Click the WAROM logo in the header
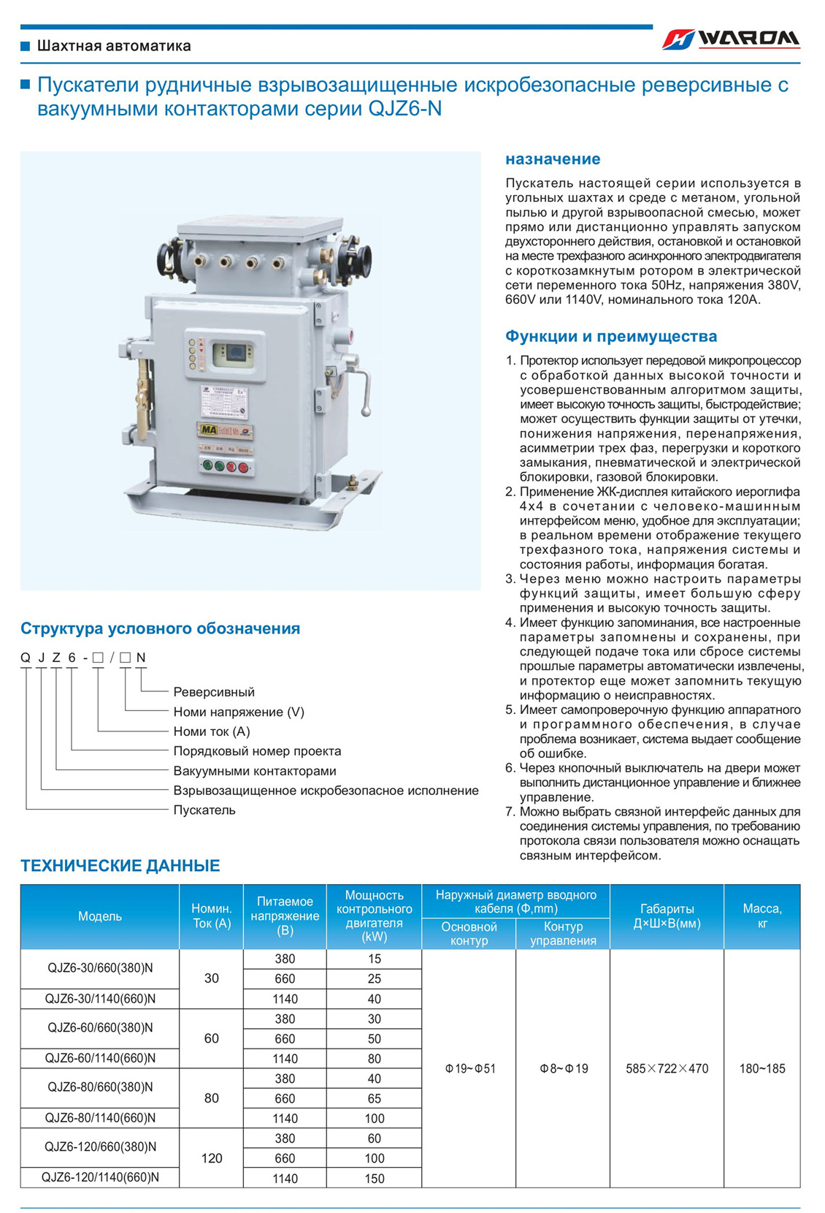click(x=731, y=39)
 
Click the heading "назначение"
click(x=553, y=159)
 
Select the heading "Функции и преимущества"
click(x=611, y=336)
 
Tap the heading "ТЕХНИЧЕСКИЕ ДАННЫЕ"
click(x=120, y=866)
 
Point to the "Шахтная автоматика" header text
click(x=114, y=46)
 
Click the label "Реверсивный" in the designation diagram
click(x=214, y=692)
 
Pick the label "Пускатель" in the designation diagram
click(x=204, y=810)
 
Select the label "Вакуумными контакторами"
click(x=255, y=771)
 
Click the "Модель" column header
click(x=100, y=916)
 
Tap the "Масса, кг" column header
click(x=761, y=916)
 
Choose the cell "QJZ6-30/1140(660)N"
click(x=100, y=999)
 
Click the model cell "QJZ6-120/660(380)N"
click(x=100, y=1147)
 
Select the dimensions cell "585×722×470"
click(x=667, y=1068)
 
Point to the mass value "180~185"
click(x=761, y=1068)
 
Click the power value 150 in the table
click(x=374, y=1178)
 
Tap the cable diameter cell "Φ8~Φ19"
click(x=563, y=1068)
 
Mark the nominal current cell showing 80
click(x=211, y=1098)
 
